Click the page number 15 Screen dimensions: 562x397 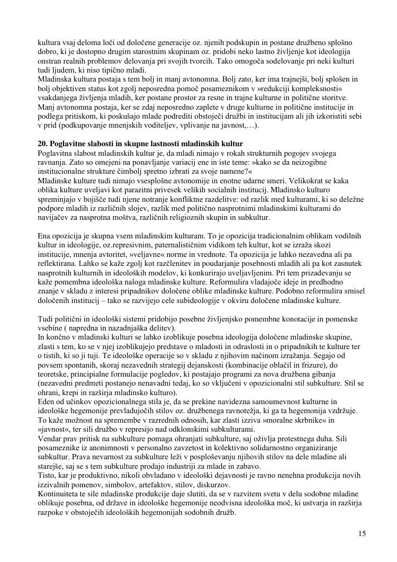(362, 533)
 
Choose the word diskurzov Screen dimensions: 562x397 (245, 486)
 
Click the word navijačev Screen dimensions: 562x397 (54, 217)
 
